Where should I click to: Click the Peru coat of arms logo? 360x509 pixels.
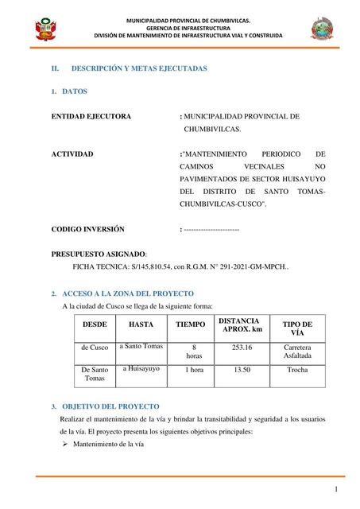pyautogui.click(x=45, y=29)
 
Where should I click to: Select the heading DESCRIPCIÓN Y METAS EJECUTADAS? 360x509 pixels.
pyautogui.click(x=139, y=68)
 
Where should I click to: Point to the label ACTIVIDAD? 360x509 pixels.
pyautogui.click(x=72, y=153)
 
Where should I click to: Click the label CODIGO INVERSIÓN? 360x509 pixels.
pyautogui.click(x=88, y=229)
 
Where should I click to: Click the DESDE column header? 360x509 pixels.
pyautogui.click(x=95, y=324)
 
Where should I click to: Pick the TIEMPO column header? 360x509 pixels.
pyautogui.click(x=191, y=324)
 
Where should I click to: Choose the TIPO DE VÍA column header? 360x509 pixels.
pyautogui.click(x=297, y=328)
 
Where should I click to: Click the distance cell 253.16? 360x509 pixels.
pyautogui.click(x=242, y=348)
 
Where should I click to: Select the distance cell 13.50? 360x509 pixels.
pyautogui.click(x=242, y=370)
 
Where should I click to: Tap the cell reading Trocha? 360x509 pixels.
pyautogui.click(x=297, y=370)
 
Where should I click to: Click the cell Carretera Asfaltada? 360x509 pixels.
pyautogui.click(x=297, y=352)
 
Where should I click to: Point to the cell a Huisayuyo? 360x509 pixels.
pyautogui.click(x=141, y=369)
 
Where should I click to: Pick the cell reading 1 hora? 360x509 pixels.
pyautogui.click(x=194, y=370)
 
